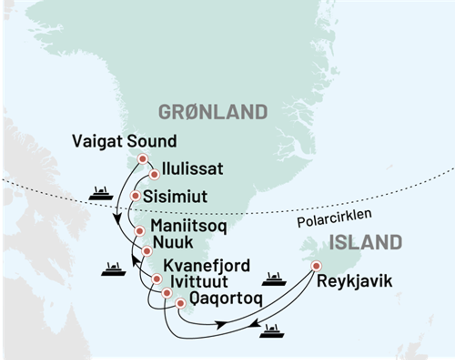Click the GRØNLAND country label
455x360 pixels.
point(213,112)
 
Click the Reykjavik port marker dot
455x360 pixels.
point(315,266)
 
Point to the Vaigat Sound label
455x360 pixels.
point(125,141)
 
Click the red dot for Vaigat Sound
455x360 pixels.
point(142,159)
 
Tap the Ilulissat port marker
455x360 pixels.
point(154,175)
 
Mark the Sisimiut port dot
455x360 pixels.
point(136,196)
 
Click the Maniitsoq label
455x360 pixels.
point(188,226)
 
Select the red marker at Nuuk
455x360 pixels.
point(147,251)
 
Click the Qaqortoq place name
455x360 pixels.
point(225,298)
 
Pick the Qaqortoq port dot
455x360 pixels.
point(180,304)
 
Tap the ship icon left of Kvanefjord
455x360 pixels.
point(114,269)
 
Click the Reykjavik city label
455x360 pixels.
point(355,282)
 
